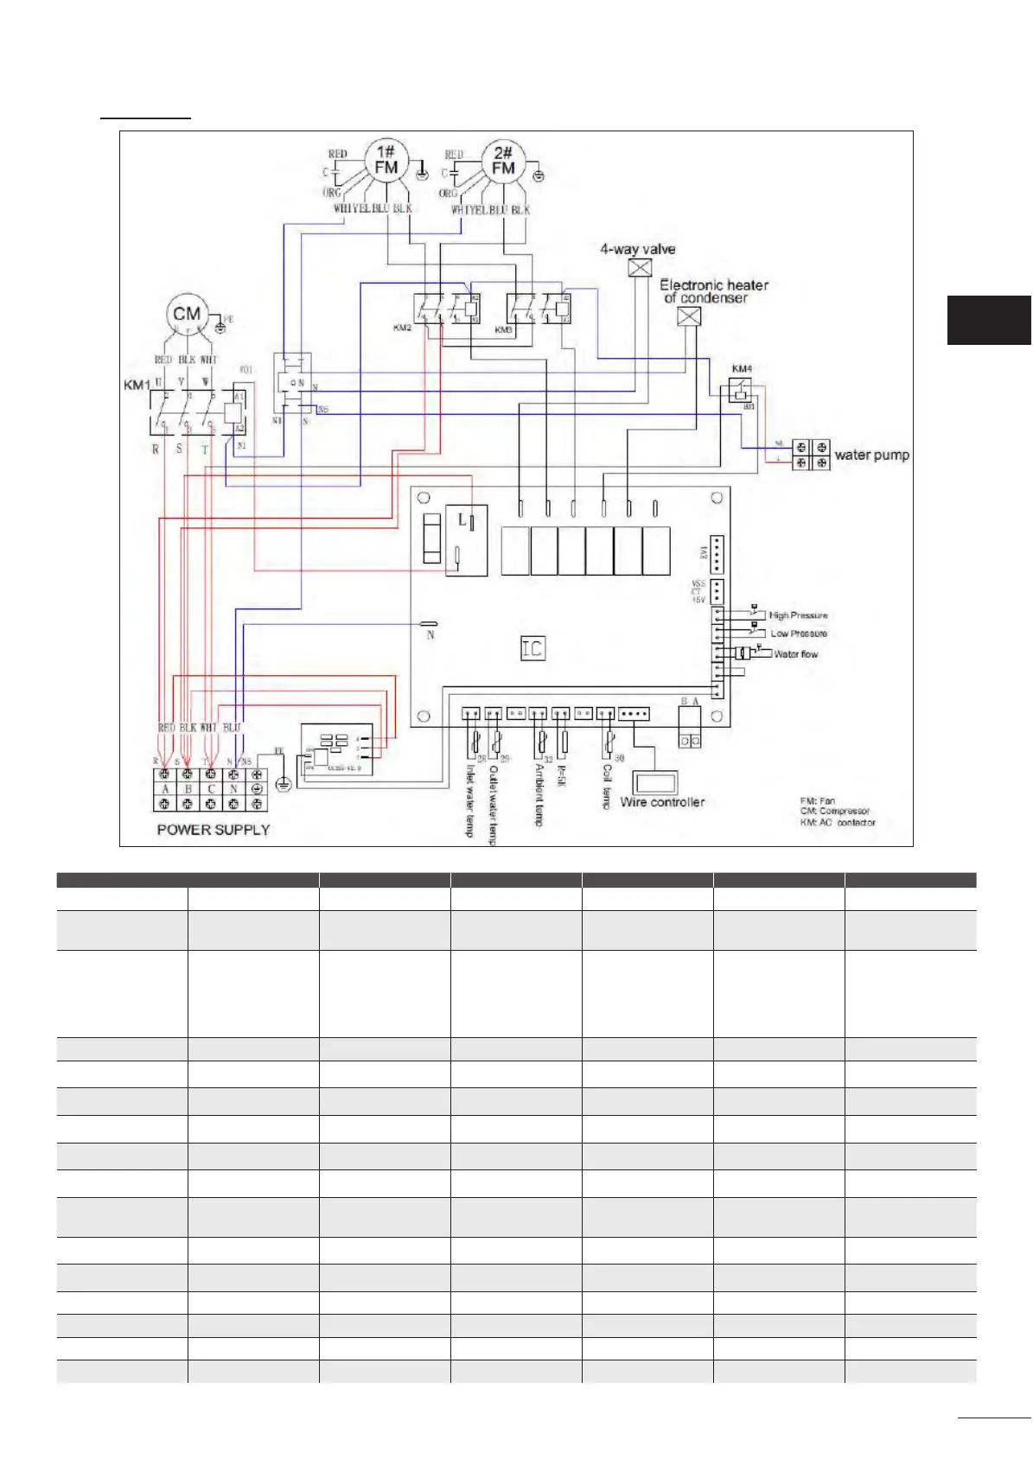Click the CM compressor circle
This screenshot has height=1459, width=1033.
pos(187,315)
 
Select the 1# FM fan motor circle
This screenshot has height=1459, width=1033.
pos(386,160)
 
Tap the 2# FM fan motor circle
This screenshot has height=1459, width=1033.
pos(503,161)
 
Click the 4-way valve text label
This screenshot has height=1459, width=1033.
pos(638,249)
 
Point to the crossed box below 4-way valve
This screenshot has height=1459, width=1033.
pos(640,268)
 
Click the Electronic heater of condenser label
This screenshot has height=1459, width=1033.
pos(713,291)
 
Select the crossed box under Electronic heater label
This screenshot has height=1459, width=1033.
pos(689,316)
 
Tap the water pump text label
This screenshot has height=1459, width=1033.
pos(871,455)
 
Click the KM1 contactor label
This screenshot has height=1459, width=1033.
pos(137,384)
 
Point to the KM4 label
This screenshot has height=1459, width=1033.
pos(742,369)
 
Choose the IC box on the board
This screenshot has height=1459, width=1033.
pos(532,648)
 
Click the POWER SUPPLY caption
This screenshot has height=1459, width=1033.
pos(214,830)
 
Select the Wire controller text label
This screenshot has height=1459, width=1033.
pos(662,802)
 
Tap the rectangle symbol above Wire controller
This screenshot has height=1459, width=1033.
pos(660,781)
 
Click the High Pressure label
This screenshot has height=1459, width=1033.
pos(798,615)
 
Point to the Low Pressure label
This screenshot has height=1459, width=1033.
pos(799,634)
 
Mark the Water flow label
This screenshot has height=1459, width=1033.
pos(795,654)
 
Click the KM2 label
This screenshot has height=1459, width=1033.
pos(403,328)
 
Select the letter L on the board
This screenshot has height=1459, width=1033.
pos(462,519)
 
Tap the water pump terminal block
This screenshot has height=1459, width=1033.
pos(811,455)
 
